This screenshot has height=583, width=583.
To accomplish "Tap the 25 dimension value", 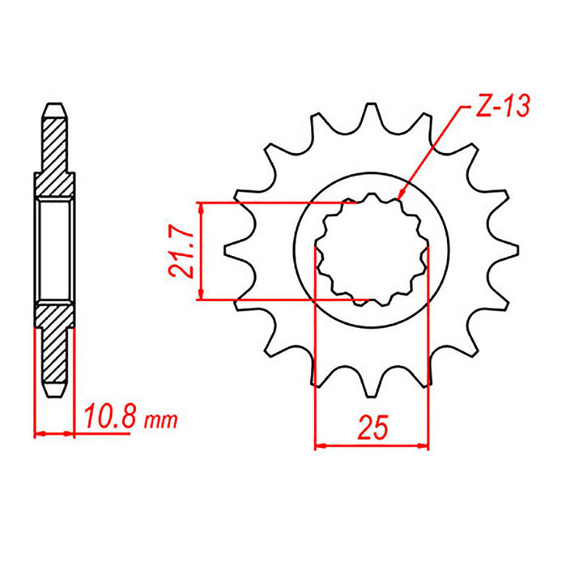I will coord(371,427).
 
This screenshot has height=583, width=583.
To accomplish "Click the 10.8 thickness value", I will coord(111,421).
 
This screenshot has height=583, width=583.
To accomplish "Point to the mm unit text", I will coord(162,423).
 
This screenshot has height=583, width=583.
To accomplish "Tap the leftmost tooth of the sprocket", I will coord(231,252).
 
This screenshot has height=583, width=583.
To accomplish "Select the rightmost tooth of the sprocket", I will coord(509,252).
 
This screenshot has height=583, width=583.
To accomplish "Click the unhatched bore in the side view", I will coord(54,251).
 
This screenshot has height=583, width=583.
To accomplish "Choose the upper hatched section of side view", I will coord(54,154).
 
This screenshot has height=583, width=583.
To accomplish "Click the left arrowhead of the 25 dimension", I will coord(317,445).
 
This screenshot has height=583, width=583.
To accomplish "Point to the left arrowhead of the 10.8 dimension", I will coord(37,435).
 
